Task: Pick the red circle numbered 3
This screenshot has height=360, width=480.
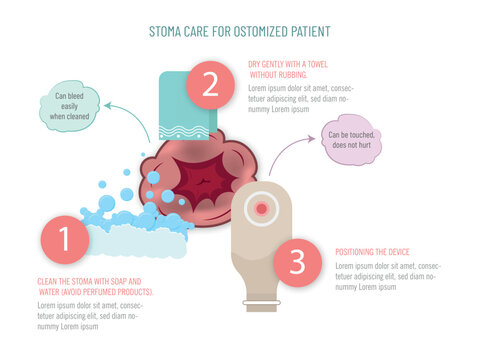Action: [x=296, y=261]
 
